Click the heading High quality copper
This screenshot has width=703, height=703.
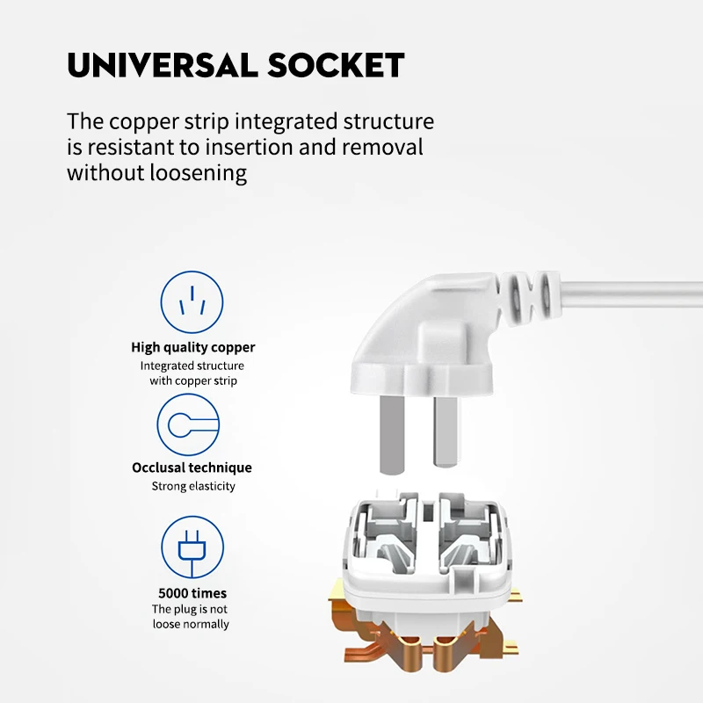(193, 348)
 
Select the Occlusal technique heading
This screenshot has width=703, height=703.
(192, 467)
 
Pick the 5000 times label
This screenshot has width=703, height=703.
(192, 593)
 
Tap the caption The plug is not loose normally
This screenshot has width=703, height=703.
(191, 617)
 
